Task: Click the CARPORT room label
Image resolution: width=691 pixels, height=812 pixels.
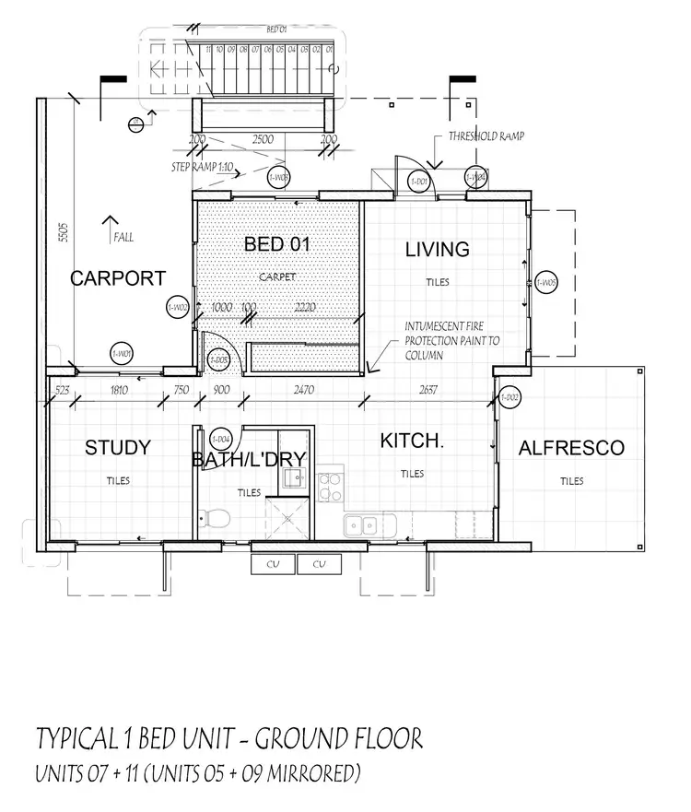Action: (x=118, y=277)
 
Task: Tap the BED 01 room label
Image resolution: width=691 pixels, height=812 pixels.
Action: (x=276, y=244)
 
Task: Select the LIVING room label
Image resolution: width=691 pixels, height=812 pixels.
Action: (x=438, y=249)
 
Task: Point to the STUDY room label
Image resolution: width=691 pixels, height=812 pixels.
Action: (x=117, y=448)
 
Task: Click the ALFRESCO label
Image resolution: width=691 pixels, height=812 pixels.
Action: (x=571, y=449)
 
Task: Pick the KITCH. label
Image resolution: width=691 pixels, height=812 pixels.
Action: (x=412, y=441)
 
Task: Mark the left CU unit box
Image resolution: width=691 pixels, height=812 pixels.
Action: (x=274, y=564)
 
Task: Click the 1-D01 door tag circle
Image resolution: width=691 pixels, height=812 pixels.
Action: (x=419, y=182)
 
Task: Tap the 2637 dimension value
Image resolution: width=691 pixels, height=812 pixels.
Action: (x=427, y=390)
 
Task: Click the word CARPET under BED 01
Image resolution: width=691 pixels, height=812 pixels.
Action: (x=275, y=276)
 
